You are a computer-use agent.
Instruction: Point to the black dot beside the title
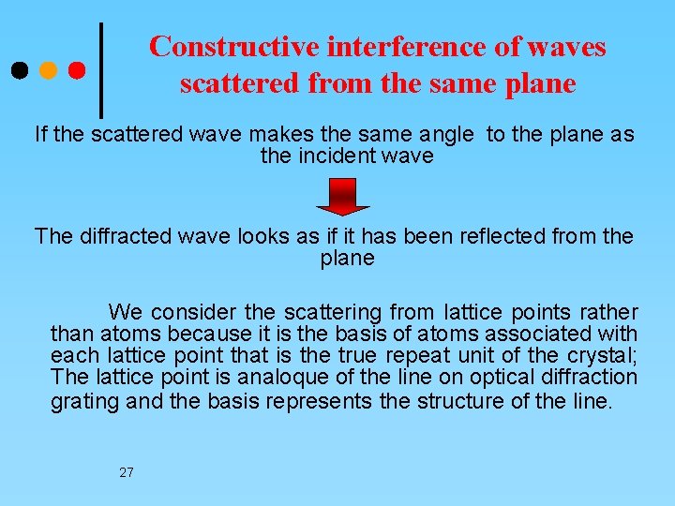[20, 70]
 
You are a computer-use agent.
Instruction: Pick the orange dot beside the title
[49, 70]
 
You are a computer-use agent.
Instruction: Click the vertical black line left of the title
[100, 70]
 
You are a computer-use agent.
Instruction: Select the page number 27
[127, 472]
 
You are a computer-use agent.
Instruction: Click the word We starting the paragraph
[126, 311]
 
